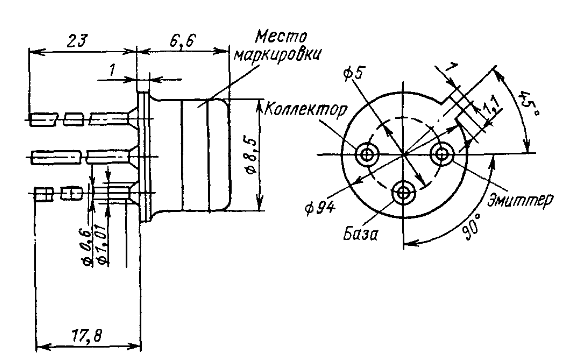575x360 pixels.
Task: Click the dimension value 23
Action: [77, 40]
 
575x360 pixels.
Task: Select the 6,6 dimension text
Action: [183, 40]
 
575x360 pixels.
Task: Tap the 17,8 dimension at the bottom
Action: [87, 335]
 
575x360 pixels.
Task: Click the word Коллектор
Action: [305, 110]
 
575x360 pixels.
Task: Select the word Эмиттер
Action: [521, 200]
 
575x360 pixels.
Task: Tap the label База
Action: [360, 234]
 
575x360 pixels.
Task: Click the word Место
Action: [281, 37]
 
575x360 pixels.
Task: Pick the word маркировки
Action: [278, 55]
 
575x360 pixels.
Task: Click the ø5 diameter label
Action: [353, 73]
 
